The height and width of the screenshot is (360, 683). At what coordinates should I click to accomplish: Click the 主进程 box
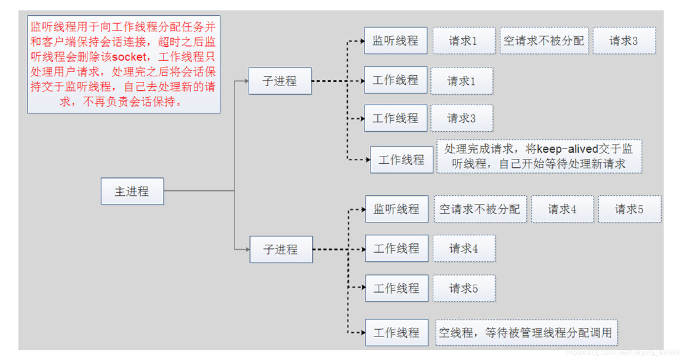[x=132, y=191]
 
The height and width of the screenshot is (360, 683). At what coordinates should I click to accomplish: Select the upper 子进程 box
[x=280, y=81]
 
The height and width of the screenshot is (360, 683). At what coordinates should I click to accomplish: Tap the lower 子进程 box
[x=281, y=250]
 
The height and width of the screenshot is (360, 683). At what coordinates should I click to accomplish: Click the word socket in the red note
[x=129, y=57]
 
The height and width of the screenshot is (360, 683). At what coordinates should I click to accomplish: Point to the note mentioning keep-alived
[x=539, y=156]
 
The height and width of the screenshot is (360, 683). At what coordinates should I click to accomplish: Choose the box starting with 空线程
[x=526, y=333]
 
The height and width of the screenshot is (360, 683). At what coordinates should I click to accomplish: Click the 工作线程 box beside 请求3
[x=395, y=118]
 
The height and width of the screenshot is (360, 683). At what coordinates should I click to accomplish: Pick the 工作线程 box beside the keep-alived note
[x=402, y=160]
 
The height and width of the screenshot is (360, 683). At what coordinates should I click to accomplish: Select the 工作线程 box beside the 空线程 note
[x=396, y=333]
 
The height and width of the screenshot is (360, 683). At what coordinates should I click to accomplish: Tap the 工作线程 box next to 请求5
[x=396, y=288]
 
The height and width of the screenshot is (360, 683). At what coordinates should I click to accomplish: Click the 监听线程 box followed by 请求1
[x=395, y=41]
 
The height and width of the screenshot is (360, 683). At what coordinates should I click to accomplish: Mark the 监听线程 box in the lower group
[x=396, y=209]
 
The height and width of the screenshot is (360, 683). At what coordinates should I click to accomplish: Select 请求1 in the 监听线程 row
[x=463, y=41]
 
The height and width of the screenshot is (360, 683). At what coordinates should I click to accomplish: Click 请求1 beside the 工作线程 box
[x=461, y=81]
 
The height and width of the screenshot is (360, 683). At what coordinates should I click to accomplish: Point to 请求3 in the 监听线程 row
[x=624, y=41]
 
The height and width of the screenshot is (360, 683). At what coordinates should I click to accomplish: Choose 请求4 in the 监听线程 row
[x=562, y=209]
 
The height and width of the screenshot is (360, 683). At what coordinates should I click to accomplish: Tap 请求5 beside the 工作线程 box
[x=464, y=288]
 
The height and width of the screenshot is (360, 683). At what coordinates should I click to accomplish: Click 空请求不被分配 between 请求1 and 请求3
[x=544, y=41]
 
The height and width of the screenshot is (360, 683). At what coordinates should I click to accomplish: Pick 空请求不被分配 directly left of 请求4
[x=480, y=209]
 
